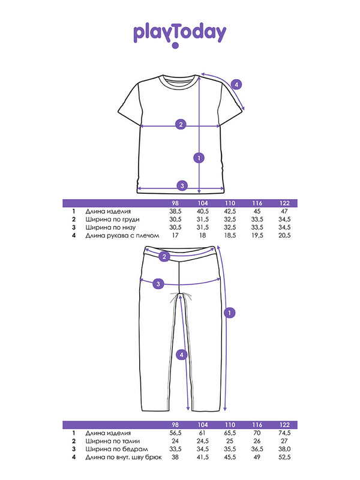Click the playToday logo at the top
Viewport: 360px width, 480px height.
point(179,34)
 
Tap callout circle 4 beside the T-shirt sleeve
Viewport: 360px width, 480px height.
point(236,85)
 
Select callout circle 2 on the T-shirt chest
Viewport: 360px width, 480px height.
point(181,124)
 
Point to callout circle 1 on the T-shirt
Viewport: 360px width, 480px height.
point(199,158)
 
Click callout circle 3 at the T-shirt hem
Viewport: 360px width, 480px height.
point(182,185)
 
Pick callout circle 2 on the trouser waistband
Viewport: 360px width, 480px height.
point(164,257)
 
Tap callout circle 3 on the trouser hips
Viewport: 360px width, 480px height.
point(158,284)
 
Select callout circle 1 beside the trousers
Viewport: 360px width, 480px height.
point(230,313)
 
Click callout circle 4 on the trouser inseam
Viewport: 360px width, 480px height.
point(182,355)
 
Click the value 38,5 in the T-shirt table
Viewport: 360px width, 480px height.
point(175,211)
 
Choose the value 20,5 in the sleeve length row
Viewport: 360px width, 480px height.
point(284,235)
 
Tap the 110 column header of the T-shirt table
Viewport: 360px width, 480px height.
point(230,203)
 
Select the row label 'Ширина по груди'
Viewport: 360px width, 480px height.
point(112,220)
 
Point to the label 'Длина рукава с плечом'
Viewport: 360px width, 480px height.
point(122,236)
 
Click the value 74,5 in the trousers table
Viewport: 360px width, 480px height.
point(284,433)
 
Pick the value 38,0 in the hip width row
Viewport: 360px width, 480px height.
point(284,449)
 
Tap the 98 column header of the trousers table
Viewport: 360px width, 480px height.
point(175,425)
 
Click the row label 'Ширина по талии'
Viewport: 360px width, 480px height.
point(113,441)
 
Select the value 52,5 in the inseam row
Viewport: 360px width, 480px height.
point(284,457)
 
